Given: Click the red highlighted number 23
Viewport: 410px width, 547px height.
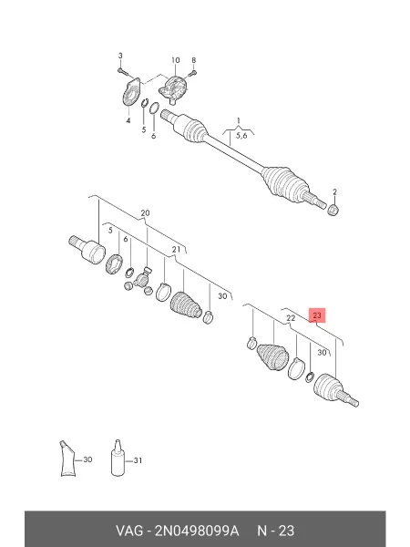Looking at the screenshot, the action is (317, 315).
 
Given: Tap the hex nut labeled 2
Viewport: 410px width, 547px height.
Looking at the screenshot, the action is (333, 210).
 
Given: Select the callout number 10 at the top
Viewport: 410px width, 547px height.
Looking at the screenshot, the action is (175, 60).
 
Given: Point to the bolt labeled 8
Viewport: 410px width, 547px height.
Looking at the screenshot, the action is (193, 73).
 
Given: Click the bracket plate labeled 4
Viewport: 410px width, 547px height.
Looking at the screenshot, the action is (131, 92).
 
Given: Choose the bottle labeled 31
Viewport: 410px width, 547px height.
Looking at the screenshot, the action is (118, 458).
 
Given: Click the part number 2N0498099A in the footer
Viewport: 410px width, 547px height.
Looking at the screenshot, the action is (197, 531).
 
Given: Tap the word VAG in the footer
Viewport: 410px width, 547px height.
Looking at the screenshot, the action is (129, 531).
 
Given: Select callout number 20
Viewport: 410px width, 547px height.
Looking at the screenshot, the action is (145, 213).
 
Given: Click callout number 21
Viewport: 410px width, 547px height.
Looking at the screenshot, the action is (176, 249).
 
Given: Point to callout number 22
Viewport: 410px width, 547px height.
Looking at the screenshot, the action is (291, 318).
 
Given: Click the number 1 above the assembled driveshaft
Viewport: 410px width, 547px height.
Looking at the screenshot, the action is (239, 120).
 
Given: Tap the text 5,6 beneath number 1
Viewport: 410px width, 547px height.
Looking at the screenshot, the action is (241, 135).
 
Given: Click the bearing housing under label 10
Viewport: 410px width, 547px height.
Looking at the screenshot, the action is (174, 90).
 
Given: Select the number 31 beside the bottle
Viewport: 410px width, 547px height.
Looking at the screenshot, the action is (138, 460).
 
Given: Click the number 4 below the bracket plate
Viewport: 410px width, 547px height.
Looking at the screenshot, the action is (128, 120).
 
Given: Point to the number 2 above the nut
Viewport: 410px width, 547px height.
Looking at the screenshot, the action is (334, 191).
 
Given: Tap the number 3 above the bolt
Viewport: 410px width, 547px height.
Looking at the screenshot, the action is (120, 56).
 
